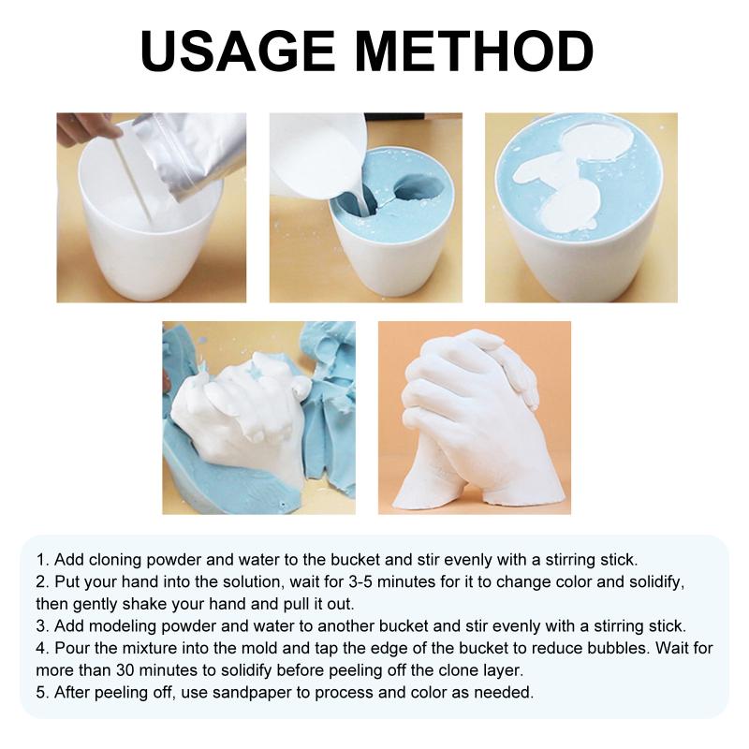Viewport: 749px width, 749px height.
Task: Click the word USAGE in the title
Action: coord(238,51)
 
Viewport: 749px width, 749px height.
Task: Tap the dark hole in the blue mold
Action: coord(418,186)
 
